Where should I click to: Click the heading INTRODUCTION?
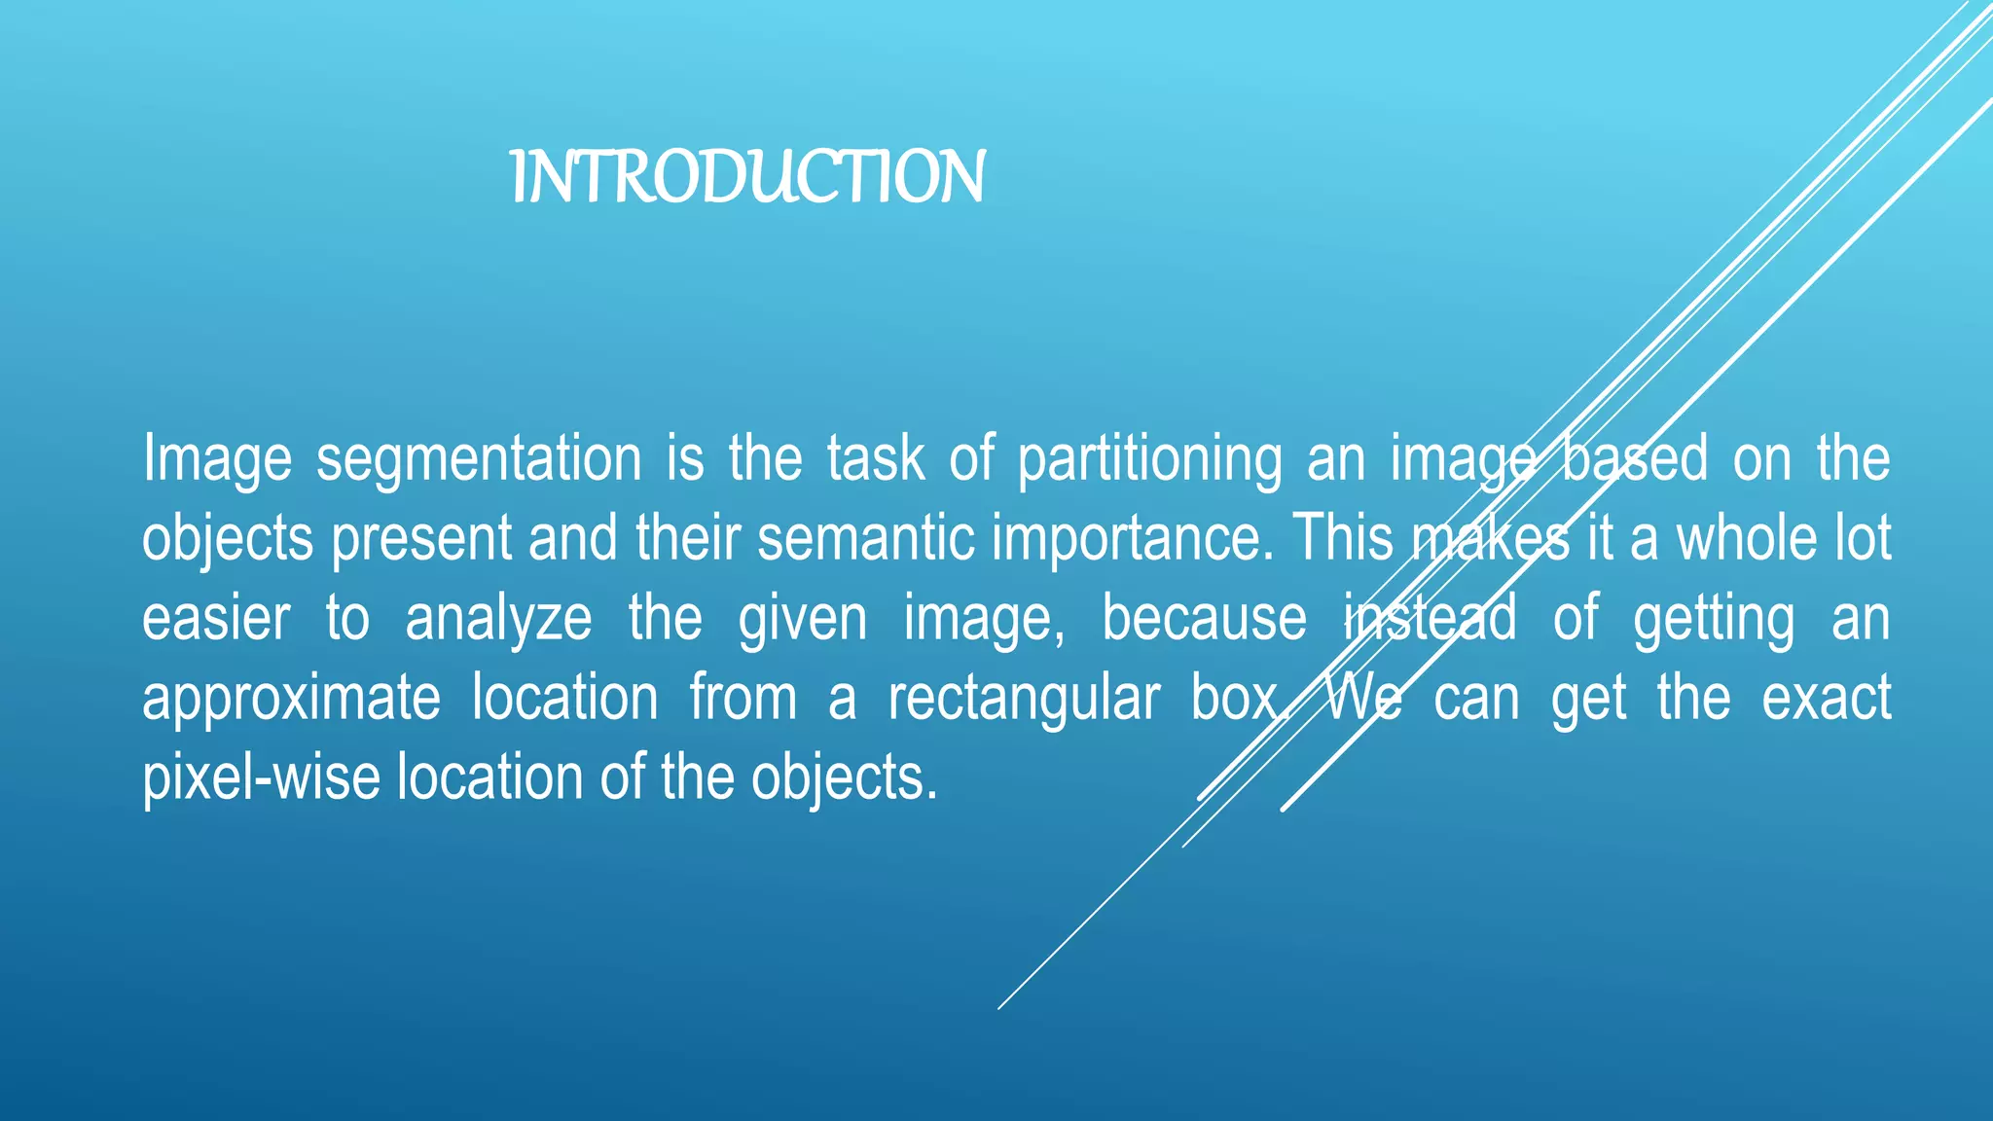[x=747, y=177]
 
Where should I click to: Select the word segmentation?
[x=479, y=459]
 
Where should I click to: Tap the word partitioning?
[x=1149, y=459]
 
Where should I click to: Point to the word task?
[x=876, y=459]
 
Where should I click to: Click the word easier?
[x=216, y=619]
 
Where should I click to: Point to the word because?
[x=1204, y=619]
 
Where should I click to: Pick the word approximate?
[x=291, y=700]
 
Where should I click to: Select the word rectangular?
[x=1024, y=700]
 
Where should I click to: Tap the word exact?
[x=1826, y=699]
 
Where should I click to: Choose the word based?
[x=1635, y=459]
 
